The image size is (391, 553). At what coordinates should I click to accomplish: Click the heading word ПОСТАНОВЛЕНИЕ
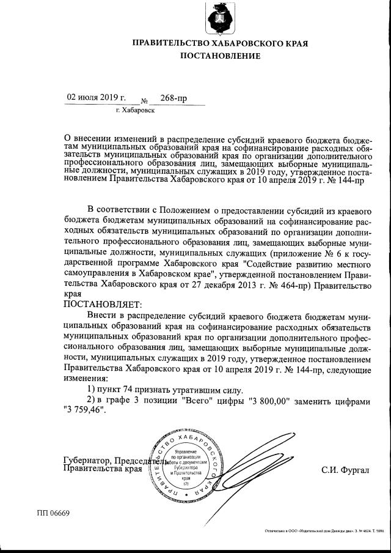219,56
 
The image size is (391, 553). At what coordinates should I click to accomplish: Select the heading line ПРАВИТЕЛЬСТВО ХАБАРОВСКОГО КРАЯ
219,43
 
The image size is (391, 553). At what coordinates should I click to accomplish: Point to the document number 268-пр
174,98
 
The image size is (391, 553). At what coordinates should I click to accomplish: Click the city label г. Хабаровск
134,111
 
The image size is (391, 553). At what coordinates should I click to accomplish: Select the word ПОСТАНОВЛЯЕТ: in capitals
102,303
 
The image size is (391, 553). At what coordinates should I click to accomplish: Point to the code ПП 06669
54,513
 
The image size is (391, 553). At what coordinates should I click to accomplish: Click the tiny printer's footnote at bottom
324,532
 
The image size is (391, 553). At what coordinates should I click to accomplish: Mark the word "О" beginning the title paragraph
67,138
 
